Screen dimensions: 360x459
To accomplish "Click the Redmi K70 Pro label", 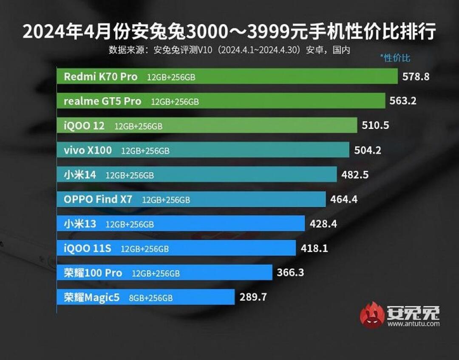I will point(101,77).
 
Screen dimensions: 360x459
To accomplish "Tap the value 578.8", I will point(416,77).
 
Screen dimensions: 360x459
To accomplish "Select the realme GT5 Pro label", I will point(102,102).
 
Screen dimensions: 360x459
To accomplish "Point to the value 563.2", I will point(403,101).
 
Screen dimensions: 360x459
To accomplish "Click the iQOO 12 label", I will point(84,126).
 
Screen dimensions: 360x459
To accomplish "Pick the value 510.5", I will point(375,125).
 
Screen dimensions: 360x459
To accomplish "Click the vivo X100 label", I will point(88,150).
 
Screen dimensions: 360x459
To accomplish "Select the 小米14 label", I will point(80,175).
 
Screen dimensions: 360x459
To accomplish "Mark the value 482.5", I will point(355,174).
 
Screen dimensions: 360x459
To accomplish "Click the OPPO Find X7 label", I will point(98,199).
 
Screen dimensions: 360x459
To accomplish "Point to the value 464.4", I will point(344,199).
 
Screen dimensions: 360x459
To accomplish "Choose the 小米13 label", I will point(80,224).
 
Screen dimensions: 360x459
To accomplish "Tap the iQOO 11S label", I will point(88,248).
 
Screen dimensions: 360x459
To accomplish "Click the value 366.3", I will point(290,272).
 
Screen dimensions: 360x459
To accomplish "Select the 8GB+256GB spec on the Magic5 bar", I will point(151,298).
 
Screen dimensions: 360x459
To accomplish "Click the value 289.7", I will point(253,297).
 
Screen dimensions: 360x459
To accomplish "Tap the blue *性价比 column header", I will point(395,58).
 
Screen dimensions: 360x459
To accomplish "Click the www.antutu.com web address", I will point(413,324).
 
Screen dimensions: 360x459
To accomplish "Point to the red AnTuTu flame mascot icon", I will point(372,315).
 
